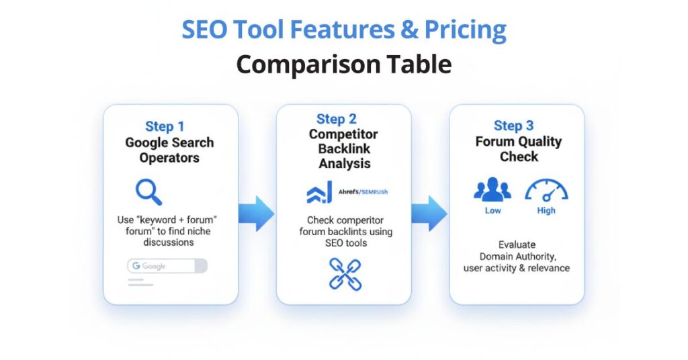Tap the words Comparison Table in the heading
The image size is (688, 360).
pyautogui.click(x=343, y=64)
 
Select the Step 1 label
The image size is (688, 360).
pyautogui.click(x=165, y=126)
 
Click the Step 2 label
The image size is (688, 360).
pyautogui.click(x=336, y=119)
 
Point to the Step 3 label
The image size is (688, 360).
pyautogui.click(x=513, y=126)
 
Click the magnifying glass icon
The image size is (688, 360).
pyautogui.click(x=148, y=191)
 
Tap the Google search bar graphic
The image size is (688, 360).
pyautogui.click(x=167, y=267)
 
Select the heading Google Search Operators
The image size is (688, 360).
pyautogui.click(x=169, y=150)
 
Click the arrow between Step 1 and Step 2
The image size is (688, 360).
pyautogui.click(x=256, y=213)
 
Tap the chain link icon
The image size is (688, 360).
pyautogui.click(x=345, y=273)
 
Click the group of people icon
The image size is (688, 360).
pyautogui.click(x=492, y=190)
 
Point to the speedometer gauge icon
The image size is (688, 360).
pyautogui.click(x=546, y=190)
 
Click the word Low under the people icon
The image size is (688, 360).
pyautogui.click(x=492, y=210)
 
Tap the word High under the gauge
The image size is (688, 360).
pyautogui.click(x=546, y=210)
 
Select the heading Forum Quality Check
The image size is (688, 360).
pyautogui.click(x=518, y=149)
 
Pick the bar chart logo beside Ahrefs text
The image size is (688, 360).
pyautogui.click(x=319, y=193)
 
